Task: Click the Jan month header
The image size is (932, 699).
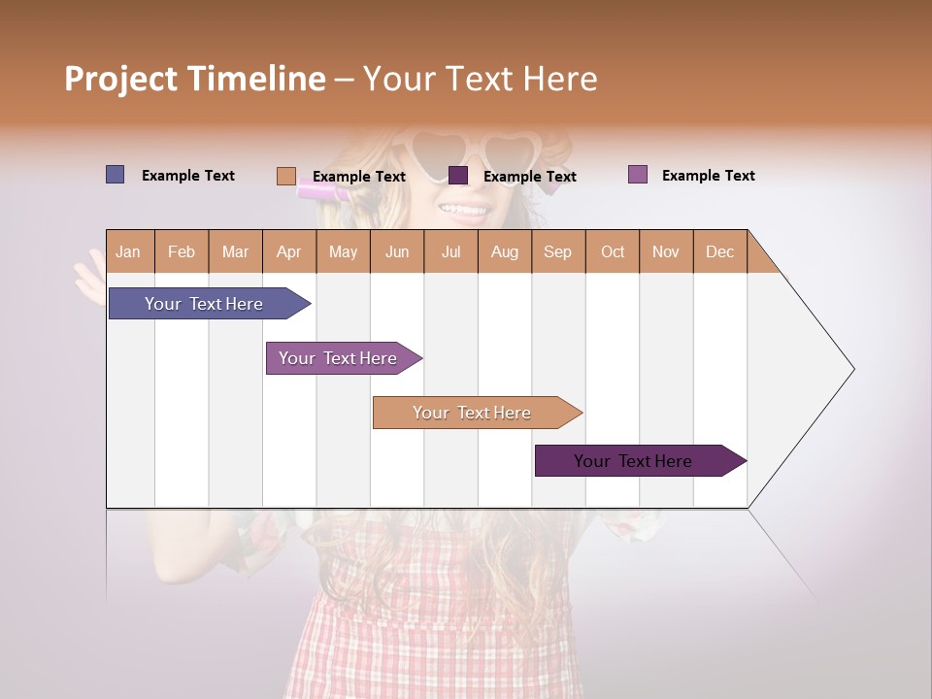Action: [x=128, y=251]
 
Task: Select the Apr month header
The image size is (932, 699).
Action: [x=288, y=251]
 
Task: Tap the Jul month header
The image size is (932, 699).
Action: [x=450, y=251]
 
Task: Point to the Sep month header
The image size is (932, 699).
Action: [x=557, y=251]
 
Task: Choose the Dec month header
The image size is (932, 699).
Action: [x=719, y=251]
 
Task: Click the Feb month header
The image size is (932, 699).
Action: [x=182, y=251]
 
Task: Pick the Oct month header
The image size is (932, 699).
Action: [x=613, y=251]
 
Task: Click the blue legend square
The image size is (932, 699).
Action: [x=116, y=175]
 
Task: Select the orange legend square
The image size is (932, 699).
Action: [x=286, y=176]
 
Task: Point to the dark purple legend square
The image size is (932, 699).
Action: [x=458, y=176]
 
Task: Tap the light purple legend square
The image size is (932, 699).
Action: [x=638, y=175]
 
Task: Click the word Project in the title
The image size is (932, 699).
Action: [x=120, y=79]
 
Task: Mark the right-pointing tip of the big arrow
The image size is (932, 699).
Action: [x=851, y=369]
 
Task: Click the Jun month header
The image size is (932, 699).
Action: [x=397, y=251]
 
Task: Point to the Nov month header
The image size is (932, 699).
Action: [x=666, y=251]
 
